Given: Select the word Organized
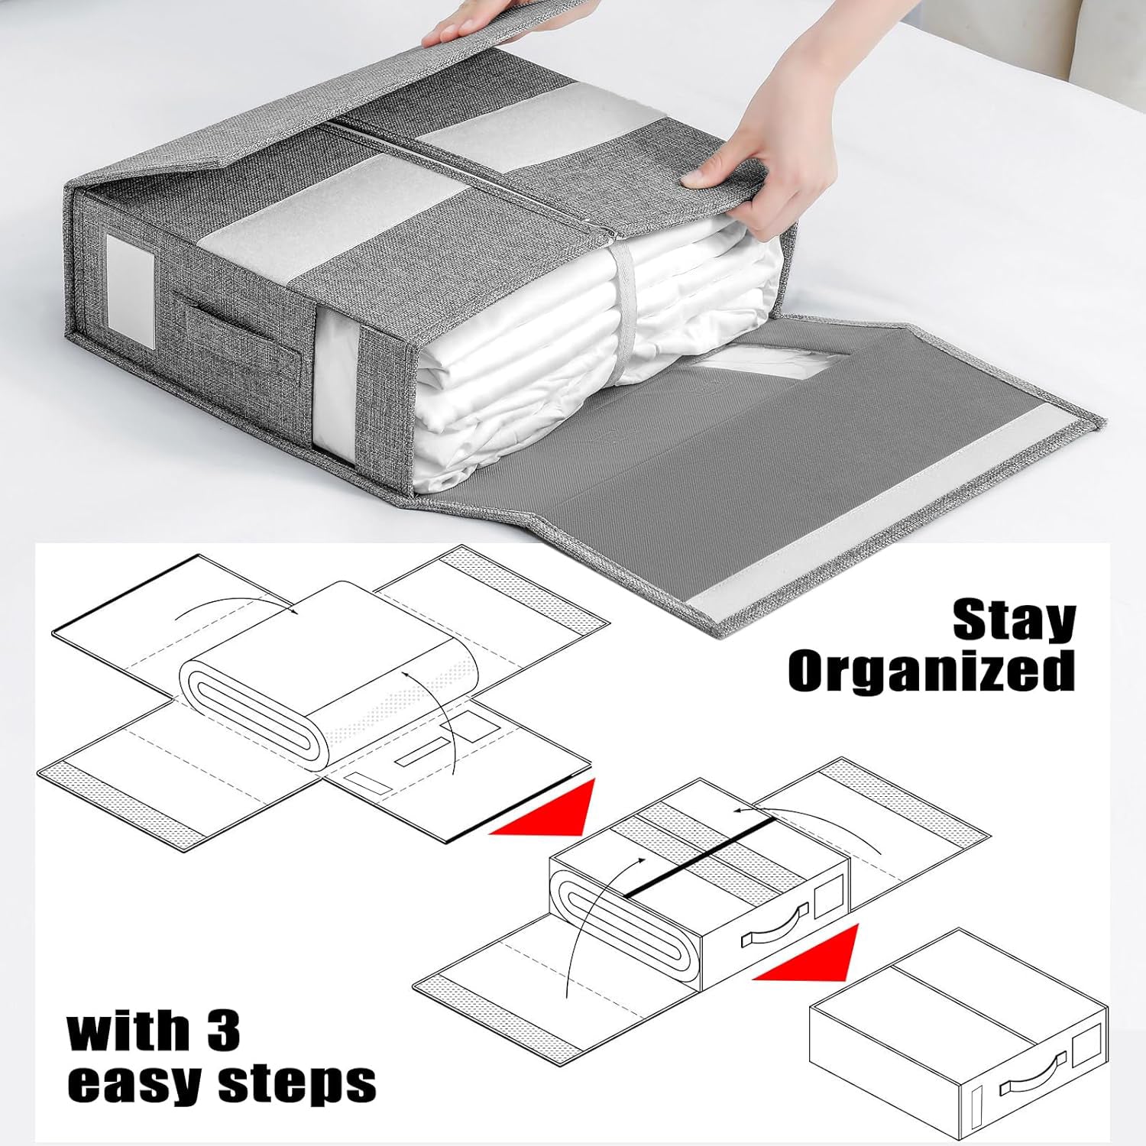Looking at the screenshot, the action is click(931, 672).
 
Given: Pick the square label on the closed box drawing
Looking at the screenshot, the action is click(1088, 1047).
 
